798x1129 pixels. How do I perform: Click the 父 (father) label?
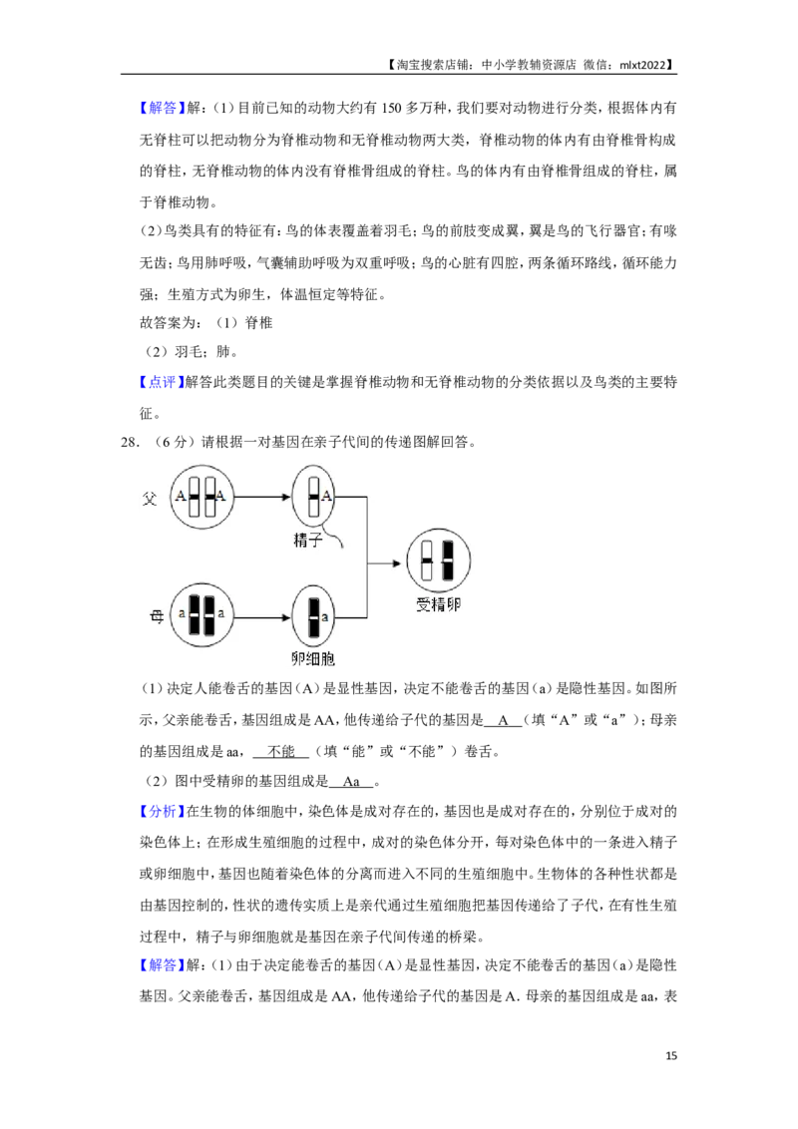pos(150,496)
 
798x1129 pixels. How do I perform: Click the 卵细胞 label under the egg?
pos(312,659)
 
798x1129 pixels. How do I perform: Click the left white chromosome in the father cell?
pos(196,496)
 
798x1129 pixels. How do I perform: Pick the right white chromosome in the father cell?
pos(210,496)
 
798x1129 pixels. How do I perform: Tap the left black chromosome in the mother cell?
pos(195,615)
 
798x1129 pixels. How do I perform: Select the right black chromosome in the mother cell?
pos(209,615)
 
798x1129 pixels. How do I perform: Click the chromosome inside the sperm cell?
pos(313,496)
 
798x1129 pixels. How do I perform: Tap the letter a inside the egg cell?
pos(325,617)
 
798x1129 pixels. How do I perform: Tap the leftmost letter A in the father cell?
pos(181,496)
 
